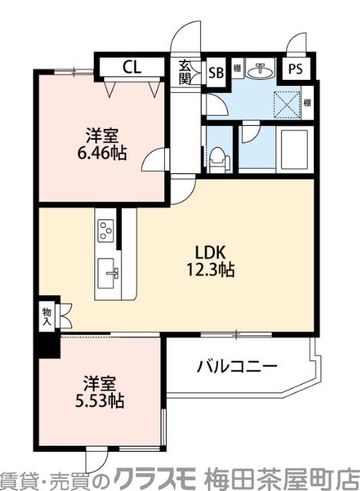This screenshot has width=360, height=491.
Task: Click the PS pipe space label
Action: (296, 69)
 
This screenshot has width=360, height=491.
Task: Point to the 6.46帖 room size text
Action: (101, 153)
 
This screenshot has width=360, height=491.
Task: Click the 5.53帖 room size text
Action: (100, 400)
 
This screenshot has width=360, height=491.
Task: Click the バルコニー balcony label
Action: (236, 367)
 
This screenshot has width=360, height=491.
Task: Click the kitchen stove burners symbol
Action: (106, 229)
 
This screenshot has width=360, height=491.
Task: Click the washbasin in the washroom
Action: (263, 70)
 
